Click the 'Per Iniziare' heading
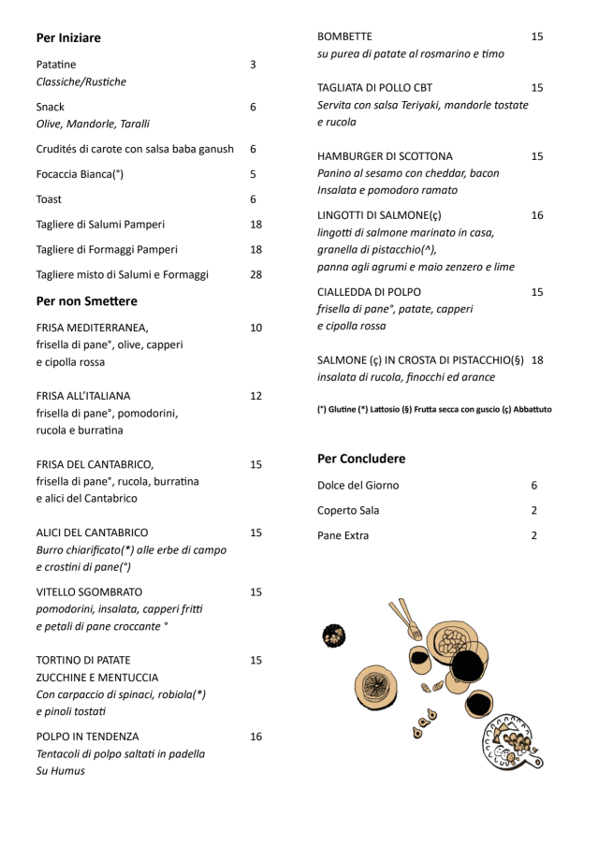point(68,38)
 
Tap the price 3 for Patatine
point(253,65)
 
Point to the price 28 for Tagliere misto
point(256,275)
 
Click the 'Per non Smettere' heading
point(86,301)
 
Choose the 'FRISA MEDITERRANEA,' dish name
point(92,329)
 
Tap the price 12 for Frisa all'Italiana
point(256,396)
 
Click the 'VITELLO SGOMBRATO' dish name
point(89,592)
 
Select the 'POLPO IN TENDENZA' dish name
point(87,737)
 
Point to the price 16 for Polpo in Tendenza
point(256,737)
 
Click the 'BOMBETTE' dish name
point(344,37)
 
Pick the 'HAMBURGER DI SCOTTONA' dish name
point(385,156)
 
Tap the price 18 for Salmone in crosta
point(537,360)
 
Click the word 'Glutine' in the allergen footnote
point(343,409)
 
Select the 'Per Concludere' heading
point(361,459)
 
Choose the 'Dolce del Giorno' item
point(358,486)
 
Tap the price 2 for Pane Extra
point(533,536)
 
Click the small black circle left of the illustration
point(334,636)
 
